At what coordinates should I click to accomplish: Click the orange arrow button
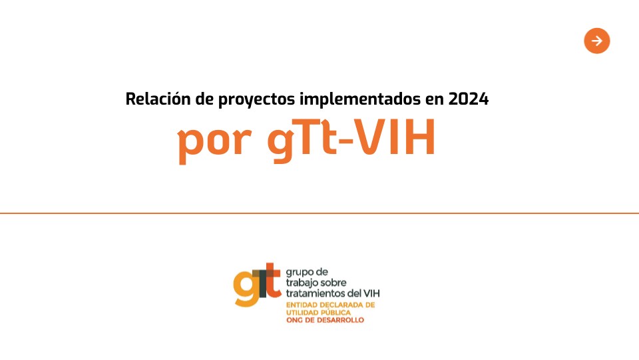tap(596, 41)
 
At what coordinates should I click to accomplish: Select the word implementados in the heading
tap(360, 100)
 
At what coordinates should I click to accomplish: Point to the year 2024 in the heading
tap(468, 99)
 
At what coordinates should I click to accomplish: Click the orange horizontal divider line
tap(319, 213)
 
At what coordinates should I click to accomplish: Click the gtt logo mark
tap(257, 284)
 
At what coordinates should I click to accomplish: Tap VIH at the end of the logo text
tap(371, 293)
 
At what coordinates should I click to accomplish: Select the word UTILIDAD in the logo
tap(302, 313)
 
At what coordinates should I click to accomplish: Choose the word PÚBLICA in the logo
tap(335, 312)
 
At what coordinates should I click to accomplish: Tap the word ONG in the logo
tap(294, 320)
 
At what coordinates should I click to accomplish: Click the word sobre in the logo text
tap(333, 283)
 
